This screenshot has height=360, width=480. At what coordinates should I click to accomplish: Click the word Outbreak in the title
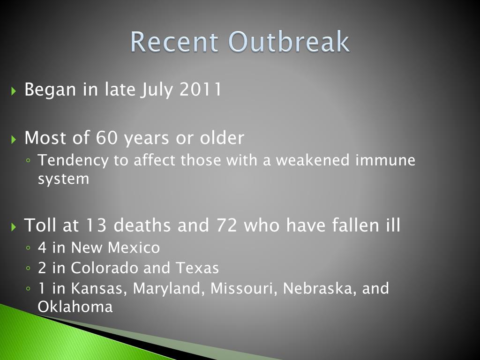coord(289,42)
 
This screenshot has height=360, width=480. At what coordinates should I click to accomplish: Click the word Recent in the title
coord(174,42)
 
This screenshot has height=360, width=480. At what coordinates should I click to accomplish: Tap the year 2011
coord(200,89)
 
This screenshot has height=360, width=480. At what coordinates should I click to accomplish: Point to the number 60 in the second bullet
coord(107,138)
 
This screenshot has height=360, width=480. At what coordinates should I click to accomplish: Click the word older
coord(222,138)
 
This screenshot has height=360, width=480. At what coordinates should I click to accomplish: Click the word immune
coord(386,160)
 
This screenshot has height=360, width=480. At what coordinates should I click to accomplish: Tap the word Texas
coord(197,268)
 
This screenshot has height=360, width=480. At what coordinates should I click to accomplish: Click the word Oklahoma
coord(75,307)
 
